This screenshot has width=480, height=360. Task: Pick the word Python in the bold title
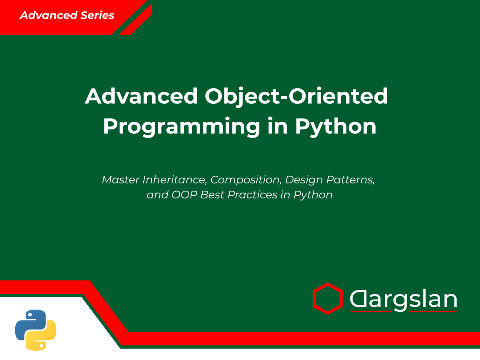336,127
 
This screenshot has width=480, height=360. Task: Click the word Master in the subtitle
121,179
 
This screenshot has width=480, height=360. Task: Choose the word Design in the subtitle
304,180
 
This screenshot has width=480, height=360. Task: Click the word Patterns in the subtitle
351,180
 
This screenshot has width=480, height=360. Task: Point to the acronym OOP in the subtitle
184,195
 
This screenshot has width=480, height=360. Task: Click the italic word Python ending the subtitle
313,195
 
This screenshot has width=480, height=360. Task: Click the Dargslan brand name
403,299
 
